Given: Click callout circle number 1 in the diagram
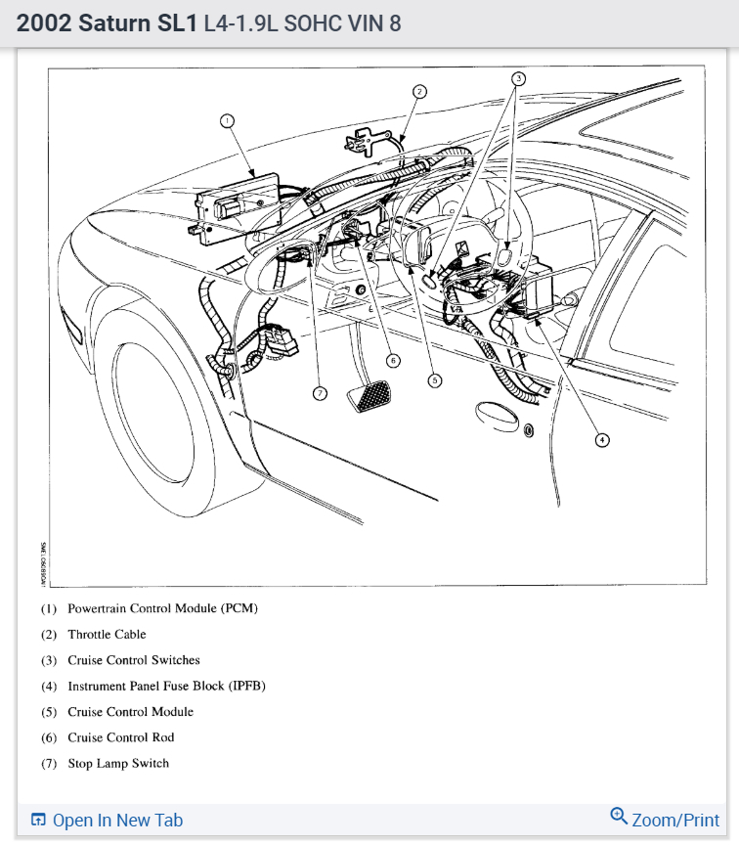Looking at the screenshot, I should click(x=227, y=120).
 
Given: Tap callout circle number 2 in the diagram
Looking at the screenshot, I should click(x=418, y=92).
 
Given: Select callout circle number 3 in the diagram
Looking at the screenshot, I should click(x=519, y=77).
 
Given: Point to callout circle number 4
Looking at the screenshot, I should click(x=602, y=440).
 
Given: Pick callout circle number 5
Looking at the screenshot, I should click(x=435, y=379).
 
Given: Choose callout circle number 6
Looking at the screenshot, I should click(x=393, y=360).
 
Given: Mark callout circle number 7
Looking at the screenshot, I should click(x=319, y=393).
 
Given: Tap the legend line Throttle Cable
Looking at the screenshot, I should click(x=107, y=635).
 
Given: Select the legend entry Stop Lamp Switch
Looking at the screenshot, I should click(x=117, y=764).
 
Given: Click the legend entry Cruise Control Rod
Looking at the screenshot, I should click(x=120, y=737).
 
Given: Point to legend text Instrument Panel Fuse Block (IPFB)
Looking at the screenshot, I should click(x=166, y=687).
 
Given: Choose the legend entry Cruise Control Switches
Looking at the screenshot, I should click(x=133, y=660).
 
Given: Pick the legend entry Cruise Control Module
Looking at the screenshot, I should click(x=130, y=712).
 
